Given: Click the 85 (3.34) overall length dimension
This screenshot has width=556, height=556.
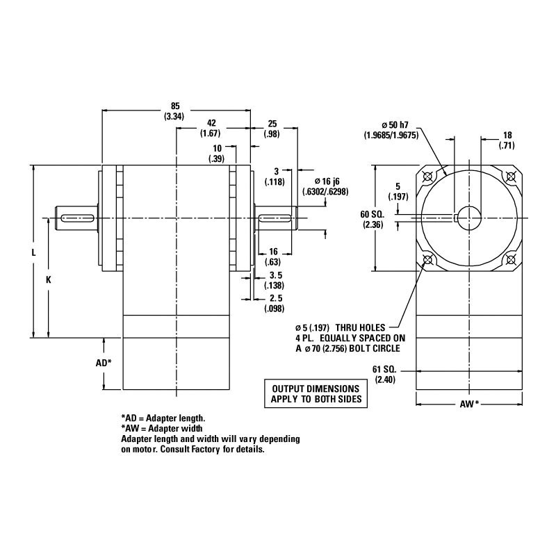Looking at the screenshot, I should [174, 112].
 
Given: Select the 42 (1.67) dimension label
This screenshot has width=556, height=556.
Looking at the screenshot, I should [210, 128].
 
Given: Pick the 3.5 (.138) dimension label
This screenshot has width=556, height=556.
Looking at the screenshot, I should [276, 281].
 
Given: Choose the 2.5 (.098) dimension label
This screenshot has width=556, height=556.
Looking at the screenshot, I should [276, 304].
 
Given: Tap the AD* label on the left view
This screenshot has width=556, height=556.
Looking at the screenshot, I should [103, 363].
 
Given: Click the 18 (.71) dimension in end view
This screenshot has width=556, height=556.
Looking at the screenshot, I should [508, 140].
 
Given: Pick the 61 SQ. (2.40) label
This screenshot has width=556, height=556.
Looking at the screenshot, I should [384, 375].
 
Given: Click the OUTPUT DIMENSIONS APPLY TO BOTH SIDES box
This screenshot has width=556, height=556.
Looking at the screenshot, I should [315, 395].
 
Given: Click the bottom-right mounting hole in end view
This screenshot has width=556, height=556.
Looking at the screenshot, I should [511, 260].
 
